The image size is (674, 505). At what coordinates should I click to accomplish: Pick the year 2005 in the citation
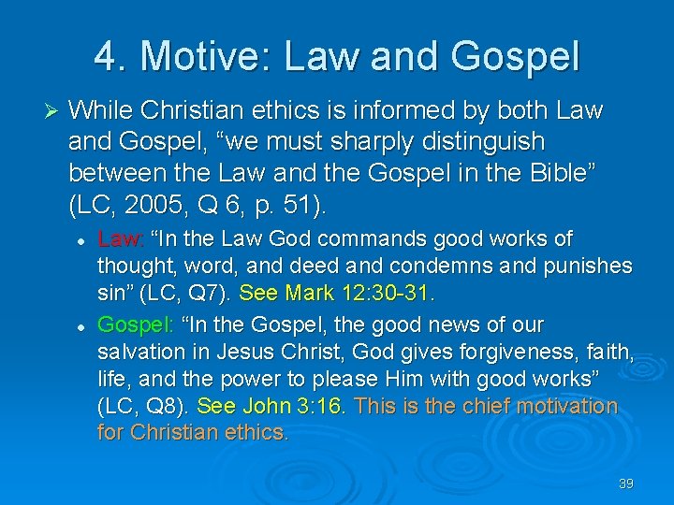162,205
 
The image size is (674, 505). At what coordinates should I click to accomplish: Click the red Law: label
122,239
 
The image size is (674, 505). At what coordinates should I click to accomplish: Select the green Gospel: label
132,325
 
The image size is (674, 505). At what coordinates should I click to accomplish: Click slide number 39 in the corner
626,483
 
